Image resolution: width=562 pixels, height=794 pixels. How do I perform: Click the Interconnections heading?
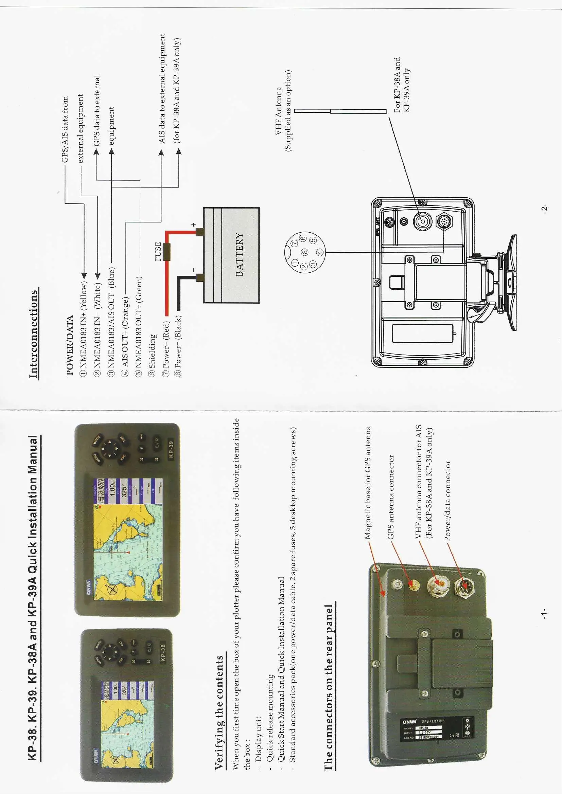(x=34, y=334)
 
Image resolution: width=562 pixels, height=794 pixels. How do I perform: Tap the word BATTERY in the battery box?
(x=240, y=254)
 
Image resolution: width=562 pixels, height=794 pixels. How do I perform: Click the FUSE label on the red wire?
(x=158, y=251)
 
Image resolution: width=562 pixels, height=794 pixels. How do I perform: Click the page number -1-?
(x=544, y=614)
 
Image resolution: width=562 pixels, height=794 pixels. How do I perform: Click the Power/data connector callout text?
(x=447, y=500)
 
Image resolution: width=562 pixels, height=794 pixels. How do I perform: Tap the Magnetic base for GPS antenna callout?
(x=368, y=483)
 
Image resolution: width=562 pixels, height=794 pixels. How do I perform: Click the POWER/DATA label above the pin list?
(x=70, y=345)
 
